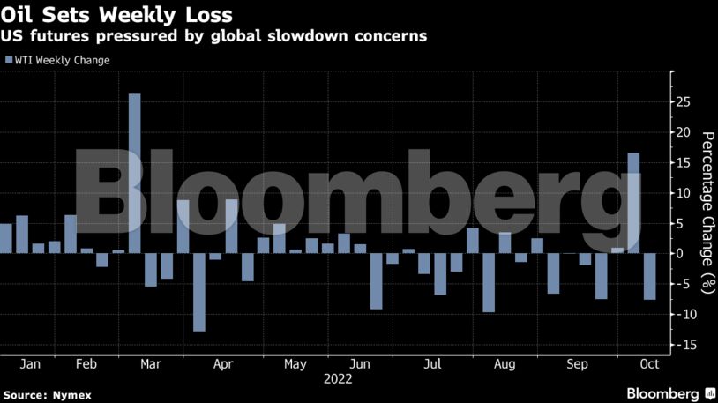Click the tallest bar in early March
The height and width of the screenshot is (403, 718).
[x=135, y=173]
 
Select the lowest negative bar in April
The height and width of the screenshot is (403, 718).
[x=199, y=292]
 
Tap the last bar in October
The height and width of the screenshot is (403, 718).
[x=649, y=276]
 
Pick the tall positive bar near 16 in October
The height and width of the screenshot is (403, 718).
[x=633, y=203]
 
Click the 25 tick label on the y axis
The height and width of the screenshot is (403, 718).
[x=684, y=101]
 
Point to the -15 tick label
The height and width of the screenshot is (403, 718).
[x=681, y=345]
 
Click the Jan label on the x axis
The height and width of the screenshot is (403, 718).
[x=30, y=363]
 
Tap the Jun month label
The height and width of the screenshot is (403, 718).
[x=360, y=363]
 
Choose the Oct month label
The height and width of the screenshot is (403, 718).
[x=649, y=363]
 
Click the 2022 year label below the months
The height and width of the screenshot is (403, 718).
[x=338, y=379]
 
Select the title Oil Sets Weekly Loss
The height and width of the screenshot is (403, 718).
[x=116, y=15]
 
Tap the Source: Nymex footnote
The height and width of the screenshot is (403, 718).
[x=48, y=394]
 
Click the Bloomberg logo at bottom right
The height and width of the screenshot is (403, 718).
[x=669, y=392]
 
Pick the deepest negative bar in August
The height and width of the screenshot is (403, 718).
[x=489, y=282]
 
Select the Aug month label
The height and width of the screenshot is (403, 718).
[x=505, y=363]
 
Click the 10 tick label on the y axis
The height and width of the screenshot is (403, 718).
[x=684, y=193]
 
